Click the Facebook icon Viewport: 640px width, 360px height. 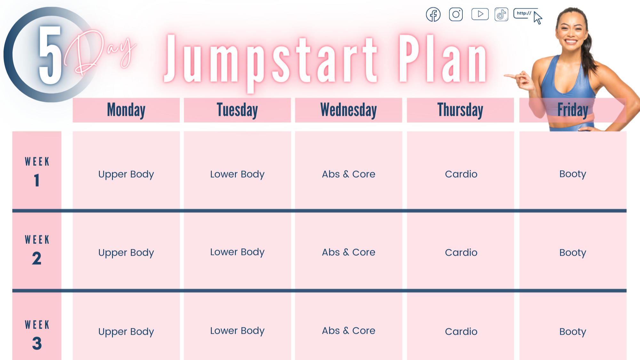(x=433, y=14)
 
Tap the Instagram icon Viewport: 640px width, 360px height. (x=456, y=14)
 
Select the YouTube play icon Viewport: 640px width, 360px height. (x=480, y=14)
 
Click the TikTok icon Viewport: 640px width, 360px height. (x=501, y=14)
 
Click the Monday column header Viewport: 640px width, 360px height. (x=126, y=110)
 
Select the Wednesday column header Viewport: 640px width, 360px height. (x=348, y=110)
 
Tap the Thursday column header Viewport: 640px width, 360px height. (x=460, y=110)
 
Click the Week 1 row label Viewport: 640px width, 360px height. (x=37, y=171)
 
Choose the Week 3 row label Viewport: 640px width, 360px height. (x=37, y=334)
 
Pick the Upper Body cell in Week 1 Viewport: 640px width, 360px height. (x=126, y=174)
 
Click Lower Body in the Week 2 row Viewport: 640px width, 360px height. (x=237, y=252)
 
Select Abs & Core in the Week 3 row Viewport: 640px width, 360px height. (x=348, y=331)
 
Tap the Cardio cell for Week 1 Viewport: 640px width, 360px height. (x=461, y=174)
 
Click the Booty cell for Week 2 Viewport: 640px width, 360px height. (x=572, y=252)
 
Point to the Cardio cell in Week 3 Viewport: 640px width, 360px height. (x=461, y=332)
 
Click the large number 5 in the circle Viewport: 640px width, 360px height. (x=50, y=55)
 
